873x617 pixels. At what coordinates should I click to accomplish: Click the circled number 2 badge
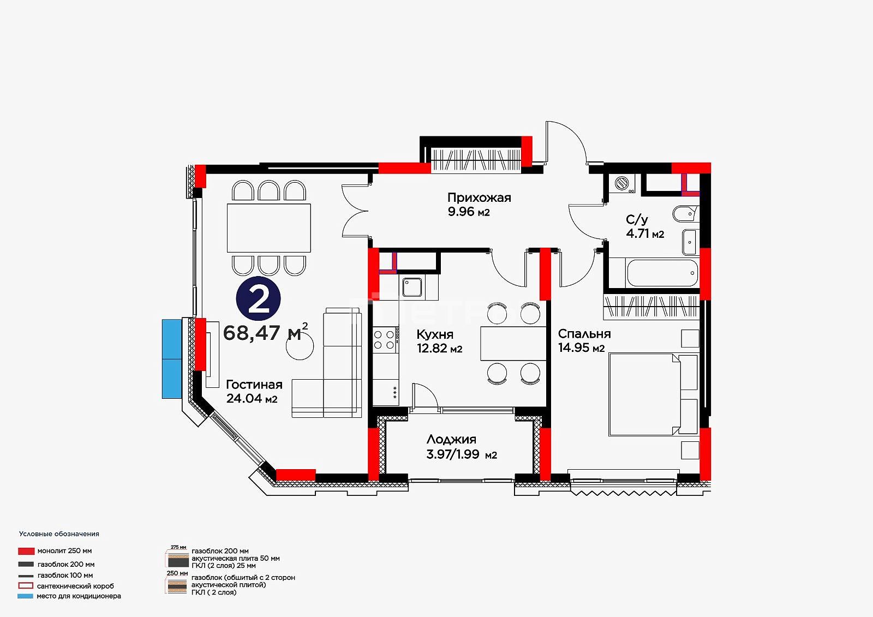click(x=259, y=298)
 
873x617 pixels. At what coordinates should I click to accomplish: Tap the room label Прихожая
click(x=479, y=197)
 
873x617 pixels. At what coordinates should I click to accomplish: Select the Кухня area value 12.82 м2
click(x=440, y=348)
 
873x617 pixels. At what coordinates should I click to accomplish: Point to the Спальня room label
click(x=584, y=334)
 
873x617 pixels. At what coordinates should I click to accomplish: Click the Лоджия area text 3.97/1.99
click(x=452, y=454)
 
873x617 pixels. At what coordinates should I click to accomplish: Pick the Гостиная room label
click(x=254, y=384)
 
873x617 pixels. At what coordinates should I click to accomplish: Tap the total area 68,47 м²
click(x=265, y=332)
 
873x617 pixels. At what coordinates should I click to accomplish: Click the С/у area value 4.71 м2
click(x=645, y=233)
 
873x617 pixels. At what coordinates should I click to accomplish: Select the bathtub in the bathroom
click(x=662, y=273)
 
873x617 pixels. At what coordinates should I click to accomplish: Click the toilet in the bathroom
click(x=685, y=214)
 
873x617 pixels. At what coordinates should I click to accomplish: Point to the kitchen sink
click(x=412, y=287)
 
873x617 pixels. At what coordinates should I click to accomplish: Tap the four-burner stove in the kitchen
click(x=385, y=339)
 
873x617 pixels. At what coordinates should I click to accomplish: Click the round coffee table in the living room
click(x=300, y=346)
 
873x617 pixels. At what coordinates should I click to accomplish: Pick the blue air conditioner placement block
click(x=172, y=358)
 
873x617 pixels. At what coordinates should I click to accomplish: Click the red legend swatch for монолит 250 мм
click(x=26, y=551)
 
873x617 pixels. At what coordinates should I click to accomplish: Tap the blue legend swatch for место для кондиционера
click(x=25, y=596)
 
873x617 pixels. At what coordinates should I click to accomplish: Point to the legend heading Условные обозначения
click(x=59, y=534)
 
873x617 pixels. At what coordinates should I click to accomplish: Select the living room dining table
click(x=269, y=228)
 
